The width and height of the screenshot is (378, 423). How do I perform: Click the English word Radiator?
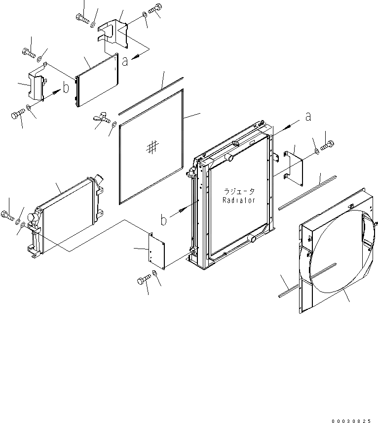(238, 201)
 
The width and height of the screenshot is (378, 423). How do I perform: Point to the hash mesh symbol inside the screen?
(152, 146)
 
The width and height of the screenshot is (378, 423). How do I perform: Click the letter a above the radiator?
(308, 117)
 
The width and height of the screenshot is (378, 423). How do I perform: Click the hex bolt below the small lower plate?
(142, 281)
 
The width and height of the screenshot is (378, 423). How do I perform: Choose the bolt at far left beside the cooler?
(7, 215)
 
